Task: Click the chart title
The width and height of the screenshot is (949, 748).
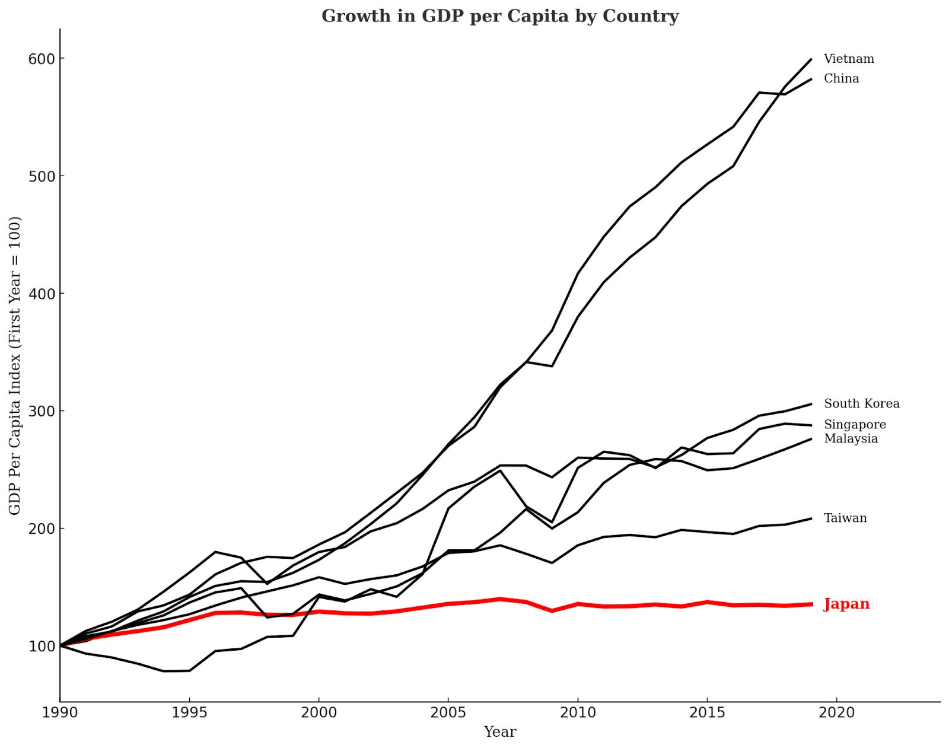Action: coord(500,16)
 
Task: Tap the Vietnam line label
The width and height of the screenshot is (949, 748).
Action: coord(849,59)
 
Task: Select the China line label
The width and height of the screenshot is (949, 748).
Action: coord(841,78)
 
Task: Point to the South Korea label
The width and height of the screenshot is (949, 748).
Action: coord(861,403)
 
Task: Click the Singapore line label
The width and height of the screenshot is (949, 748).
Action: coord(855,424)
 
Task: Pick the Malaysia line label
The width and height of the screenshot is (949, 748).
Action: coord(851,438)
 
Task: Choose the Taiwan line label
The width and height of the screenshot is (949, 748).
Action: coord(845,518)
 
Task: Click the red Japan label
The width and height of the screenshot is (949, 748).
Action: coord(846,604)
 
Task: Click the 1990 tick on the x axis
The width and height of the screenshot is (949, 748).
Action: coord(60,712)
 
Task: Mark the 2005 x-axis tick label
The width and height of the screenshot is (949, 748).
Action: coord(448,712)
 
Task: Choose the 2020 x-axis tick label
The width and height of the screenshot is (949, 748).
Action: coord(836,712)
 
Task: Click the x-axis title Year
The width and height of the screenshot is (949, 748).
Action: coord(499,732)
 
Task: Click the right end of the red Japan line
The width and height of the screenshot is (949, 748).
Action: coord(811,604)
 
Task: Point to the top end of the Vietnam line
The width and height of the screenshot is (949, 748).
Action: coord(811,59)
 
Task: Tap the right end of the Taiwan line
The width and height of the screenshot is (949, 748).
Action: coord(811,518)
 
